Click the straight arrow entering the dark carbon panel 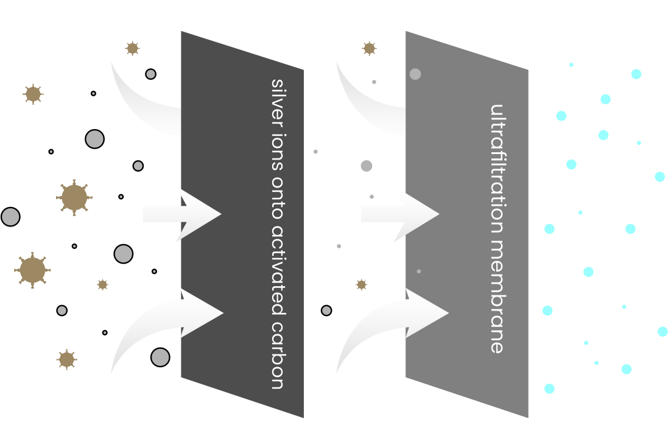(x=183, y=214)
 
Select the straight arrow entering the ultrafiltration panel (x=402, y=214)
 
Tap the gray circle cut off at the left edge (x=10, y=217)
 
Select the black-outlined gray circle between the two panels (x=326, y=311)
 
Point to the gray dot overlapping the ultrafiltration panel (x=415, y=74)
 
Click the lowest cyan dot (x=549, y=389)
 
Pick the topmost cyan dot (x=571, y=65)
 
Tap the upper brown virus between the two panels (x=368, y=48)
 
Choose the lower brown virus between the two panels (x=361, y=284)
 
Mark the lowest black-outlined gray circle (x=160, y=357)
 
